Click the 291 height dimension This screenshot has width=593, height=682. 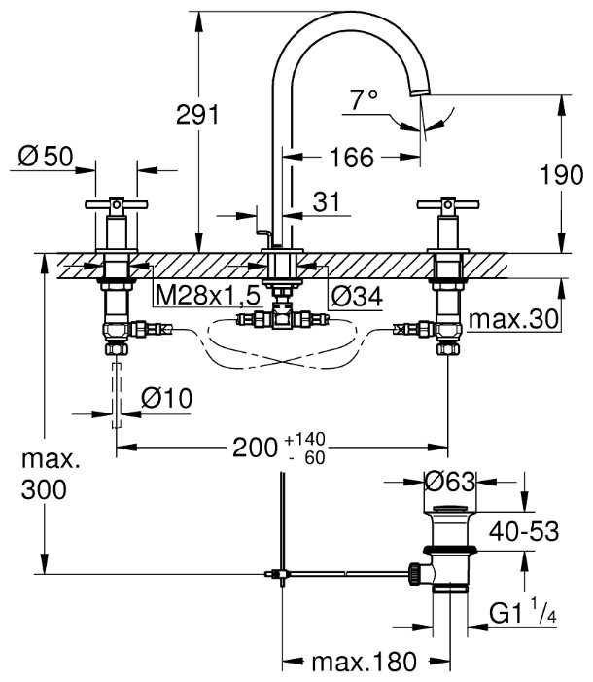pyautogui.click(x=197, y=114)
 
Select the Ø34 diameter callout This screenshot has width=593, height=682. pyautogui.click(x=355, y=294)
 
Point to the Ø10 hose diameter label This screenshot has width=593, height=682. pyautogui.click(x=167, y=397)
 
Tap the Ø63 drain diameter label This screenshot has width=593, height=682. pyautogui.click(x=451, y=480)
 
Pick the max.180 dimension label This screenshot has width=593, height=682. pyautogui.click(x=363, y=663)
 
